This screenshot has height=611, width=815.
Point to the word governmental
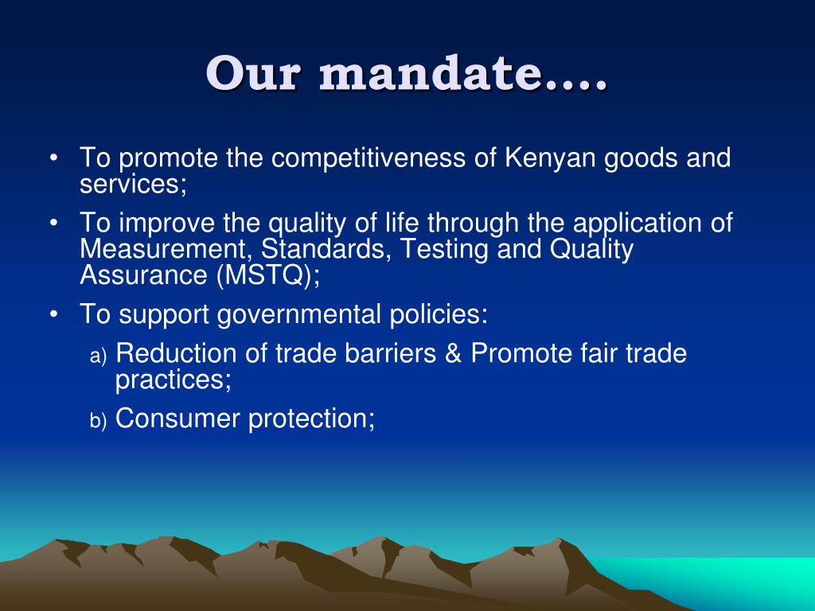(302, 314)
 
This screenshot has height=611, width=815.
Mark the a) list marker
(97, 356)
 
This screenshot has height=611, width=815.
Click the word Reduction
(177, 353)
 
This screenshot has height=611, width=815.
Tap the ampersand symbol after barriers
(454, 353)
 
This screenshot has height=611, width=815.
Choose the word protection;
(311, 418)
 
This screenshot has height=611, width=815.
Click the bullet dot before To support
(53, 314)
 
